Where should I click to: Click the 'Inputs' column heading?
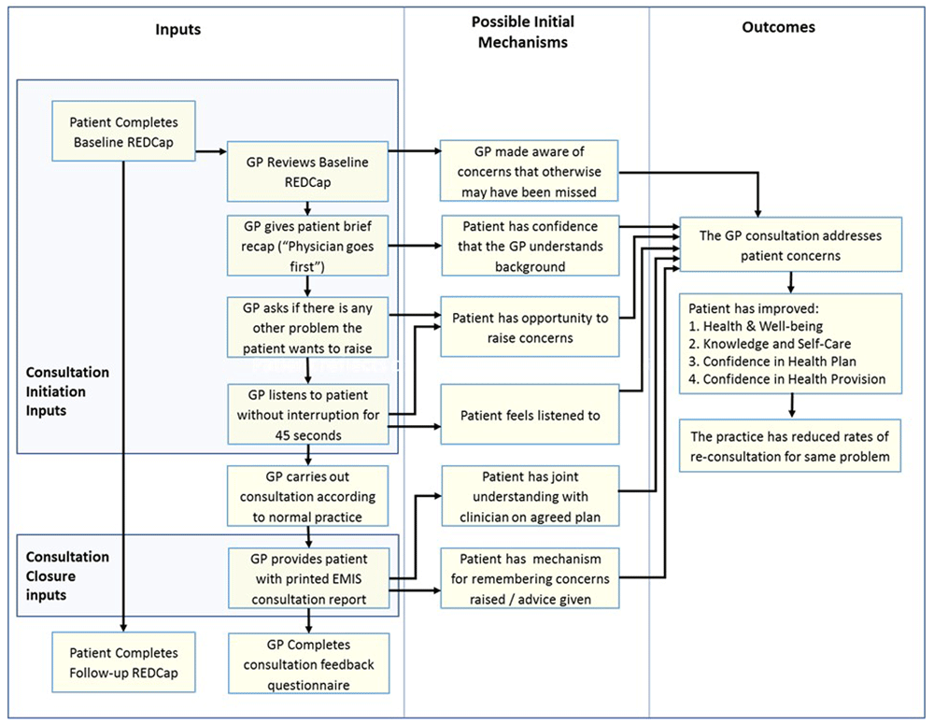coord(178,30)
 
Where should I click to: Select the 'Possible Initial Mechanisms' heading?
coord(523,32)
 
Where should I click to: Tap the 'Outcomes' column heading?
coord(779,27)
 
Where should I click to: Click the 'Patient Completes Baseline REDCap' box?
coord(124,131)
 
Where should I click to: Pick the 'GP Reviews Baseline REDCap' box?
coord(307,172)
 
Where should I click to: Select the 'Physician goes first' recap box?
coord(307,246)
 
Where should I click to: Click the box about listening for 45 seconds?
coord(308,415)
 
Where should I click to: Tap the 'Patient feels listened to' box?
coord(531,415)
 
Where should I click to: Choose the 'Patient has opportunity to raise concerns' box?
coord(531,327)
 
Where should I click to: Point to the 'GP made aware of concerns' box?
coord(529,171)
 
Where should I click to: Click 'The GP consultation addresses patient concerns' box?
coord(791,245)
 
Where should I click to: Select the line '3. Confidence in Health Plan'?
coord(772,362)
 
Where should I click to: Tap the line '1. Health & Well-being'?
coord(756,327)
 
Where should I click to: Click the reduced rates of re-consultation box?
coord(790,446)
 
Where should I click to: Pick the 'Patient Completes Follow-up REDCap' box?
coord(124,662)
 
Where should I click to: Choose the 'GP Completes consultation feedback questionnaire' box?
coord(308,663)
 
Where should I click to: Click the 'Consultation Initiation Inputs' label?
coord(67,391)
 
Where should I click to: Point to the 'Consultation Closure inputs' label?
coord(67,575)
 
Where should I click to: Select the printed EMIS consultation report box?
coord(308,578)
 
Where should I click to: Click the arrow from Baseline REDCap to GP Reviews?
coord(211,151)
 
